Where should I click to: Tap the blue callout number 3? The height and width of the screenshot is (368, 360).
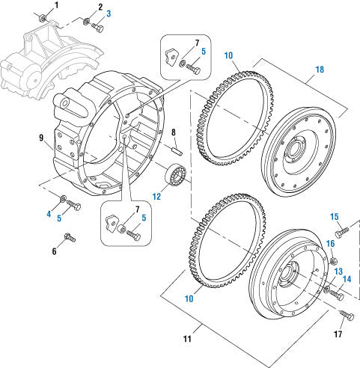click(108, 13)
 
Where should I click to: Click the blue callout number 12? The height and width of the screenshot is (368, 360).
click(156, 197)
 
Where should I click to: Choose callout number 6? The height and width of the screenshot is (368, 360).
click(53, 251)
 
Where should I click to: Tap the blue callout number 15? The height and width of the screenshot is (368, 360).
click(335, 217)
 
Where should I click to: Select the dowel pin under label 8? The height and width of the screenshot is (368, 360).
click(178, 154)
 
